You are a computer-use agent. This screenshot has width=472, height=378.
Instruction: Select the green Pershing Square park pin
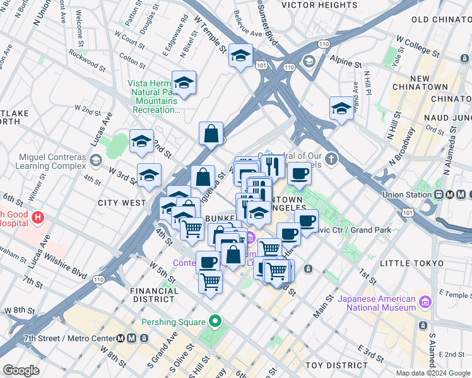215,321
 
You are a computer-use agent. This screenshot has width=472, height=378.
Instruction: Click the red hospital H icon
38,218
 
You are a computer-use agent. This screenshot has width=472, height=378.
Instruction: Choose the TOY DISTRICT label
332,365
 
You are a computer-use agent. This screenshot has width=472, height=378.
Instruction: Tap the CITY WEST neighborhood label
122,203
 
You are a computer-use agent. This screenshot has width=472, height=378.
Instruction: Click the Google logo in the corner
21,370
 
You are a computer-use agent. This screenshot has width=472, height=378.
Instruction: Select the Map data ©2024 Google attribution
433,373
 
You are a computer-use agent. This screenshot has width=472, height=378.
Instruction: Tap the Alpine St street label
344,65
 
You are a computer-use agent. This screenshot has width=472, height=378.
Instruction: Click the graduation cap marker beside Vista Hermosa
184,83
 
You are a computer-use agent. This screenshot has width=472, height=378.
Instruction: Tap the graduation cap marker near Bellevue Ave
240,57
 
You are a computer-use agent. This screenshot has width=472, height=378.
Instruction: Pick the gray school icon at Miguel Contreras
95,160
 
